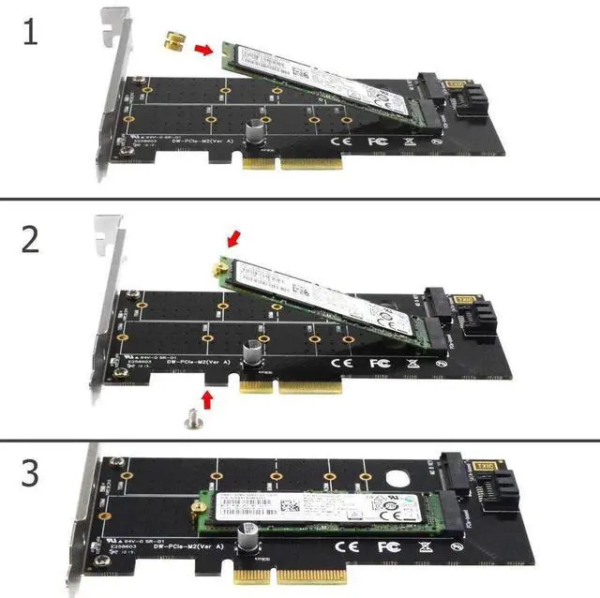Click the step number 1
[31, 34]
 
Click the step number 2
[31, 239]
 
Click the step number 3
[31, 473]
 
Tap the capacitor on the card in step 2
[253, 353]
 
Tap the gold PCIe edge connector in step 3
[286, 574]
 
